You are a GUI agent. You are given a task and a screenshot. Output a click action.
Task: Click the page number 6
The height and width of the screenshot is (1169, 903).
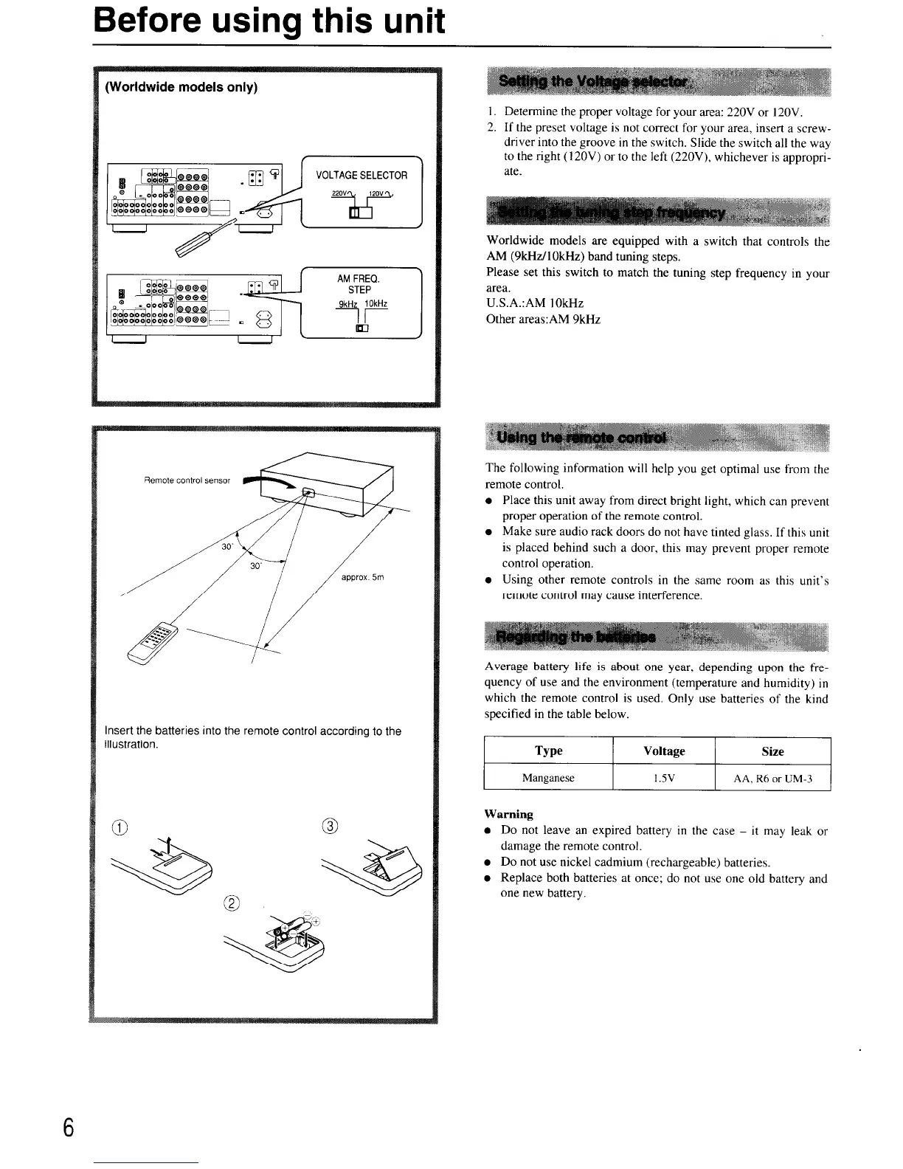coord(69,1128)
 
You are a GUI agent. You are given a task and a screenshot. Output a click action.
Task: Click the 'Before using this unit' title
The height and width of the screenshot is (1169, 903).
coord(269,21)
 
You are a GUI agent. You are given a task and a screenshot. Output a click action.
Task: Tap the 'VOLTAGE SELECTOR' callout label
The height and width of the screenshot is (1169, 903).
coord(361,176)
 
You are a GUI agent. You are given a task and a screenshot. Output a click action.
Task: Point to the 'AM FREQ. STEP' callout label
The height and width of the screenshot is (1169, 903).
coord(359,284)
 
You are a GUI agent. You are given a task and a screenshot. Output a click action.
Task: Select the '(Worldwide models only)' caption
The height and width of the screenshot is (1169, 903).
coord(181,87)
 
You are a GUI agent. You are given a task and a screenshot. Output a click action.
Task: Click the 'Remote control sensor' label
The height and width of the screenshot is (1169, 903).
coord(187,480)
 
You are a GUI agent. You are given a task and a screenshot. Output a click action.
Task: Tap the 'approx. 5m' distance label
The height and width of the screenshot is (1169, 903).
coord(363,577)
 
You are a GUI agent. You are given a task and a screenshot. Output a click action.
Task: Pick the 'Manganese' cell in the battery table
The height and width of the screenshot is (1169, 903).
coord(548,778)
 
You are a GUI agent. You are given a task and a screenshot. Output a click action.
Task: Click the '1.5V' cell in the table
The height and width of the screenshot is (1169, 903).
coord(664,778)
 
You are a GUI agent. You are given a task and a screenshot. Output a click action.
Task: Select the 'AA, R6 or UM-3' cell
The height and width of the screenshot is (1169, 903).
coord(772,778)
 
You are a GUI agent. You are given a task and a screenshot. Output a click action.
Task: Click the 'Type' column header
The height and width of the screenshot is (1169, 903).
coord(548,751)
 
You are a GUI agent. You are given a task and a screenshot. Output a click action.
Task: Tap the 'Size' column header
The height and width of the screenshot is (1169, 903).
coord(772,751)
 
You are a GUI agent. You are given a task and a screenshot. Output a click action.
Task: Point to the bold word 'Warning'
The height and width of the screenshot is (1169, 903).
coord(508,814)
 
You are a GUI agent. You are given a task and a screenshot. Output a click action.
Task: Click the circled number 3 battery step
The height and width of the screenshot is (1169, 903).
coord(330,825)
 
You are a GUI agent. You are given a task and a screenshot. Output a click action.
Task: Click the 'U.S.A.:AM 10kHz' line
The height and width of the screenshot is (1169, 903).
coord(534,303)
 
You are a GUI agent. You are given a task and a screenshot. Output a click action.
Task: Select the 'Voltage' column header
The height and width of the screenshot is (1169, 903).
coord(664,751)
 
